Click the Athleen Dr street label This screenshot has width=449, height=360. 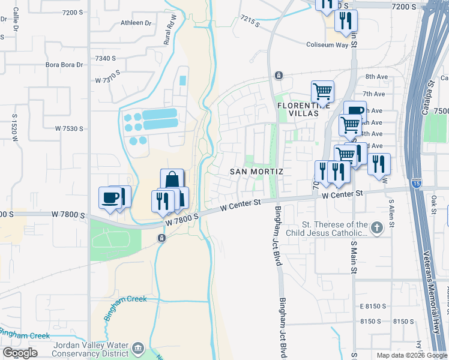pos(136,23)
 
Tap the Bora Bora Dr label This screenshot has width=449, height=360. pos(63,65)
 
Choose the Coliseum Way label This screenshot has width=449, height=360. pos(327,44)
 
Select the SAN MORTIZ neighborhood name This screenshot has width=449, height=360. pos(256,172)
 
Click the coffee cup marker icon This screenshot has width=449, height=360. pos(110,197)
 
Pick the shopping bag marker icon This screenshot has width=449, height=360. pos(172,179)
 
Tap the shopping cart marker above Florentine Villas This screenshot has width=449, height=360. pos(322,92)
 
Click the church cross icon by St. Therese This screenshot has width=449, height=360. pos(376,227)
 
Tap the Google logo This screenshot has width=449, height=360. pos(20,352)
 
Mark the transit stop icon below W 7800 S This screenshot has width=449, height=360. pos(161,238)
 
